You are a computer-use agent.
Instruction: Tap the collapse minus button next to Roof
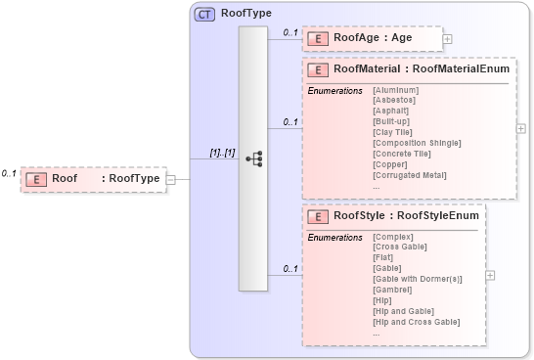tap(170, 179)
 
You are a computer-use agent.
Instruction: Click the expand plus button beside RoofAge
tap(448, 39)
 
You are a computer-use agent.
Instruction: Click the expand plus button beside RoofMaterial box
tap(521, 128)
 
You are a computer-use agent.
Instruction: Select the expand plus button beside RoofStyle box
tap(490, 275)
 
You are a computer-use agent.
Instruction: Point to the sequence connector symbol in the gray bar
tap(253, 157)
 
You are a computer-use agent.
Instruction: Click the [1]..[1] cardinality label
tap(222, 153)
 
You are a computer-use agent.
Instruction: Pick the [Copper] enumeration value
tap(389, 163)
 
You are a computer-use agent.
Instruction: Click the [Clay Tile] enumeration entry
tap(393, 132)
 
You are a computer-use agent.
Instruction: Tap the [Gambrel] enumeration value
tap(392, 290)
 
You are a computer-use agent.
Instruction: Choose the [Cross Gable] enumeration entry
tap(400, 247)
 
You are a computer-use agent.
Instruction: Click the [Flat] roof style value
tap(383, 257)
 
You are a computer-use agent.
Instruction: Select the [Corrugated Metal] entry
tap(407, 174)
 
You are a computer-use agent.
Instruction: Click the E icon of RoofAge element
tap(318, 38)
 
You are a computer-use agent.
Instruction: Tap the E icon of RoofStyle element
tap(318, 217)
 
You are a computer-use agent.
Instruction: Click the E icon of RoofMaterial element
tap(318, 70)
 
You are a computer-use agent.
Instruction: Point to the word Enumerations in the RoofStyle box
tap(334, 238)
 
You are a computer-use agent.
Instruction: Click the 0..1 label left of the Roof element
tap(9, 173)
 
